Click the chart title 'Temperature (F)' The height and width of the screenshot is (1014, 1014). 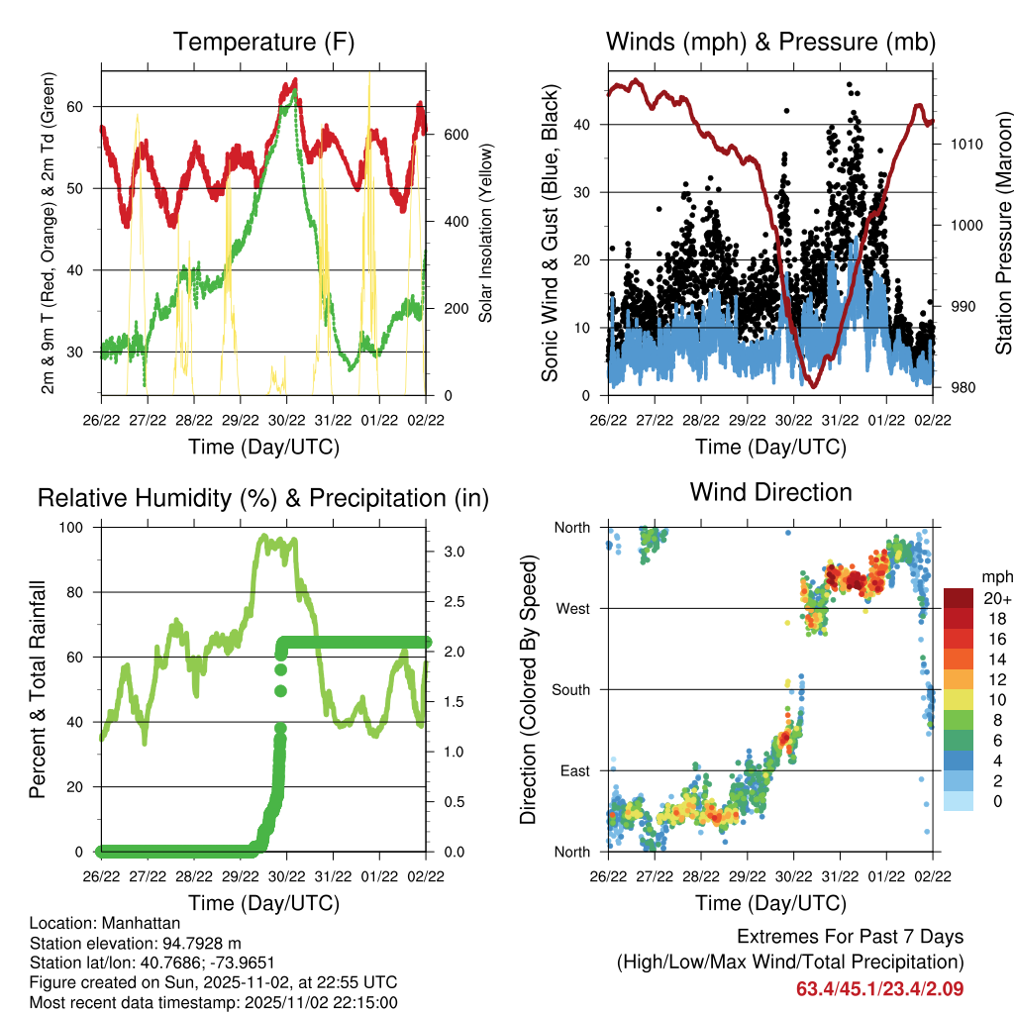pos(263,43)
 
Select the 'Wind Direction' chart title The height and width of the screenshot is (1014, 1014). pos(770,492)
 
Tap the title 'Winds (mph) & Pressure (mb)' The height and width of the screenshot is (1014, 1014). pos(770,43)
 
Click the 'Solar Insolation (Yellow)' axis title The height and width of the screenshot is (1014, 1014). pos(486,234)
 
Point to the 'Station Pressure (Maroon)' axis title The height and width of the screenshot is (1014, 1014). pos(1003,234)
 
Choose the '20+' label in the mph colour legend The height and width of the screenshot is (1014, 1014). pos(996,599)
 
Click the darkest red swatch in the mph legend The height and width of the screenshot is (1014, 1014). pos(961,598)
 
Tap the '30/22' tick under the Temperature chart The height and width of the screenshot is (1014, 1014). pos(287,419)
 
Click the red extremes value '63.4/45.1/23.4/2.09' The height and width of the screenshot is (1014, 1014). pos(879,988)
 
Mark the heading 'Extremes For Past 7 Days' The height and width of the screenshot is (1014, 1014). pos(850,937)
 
